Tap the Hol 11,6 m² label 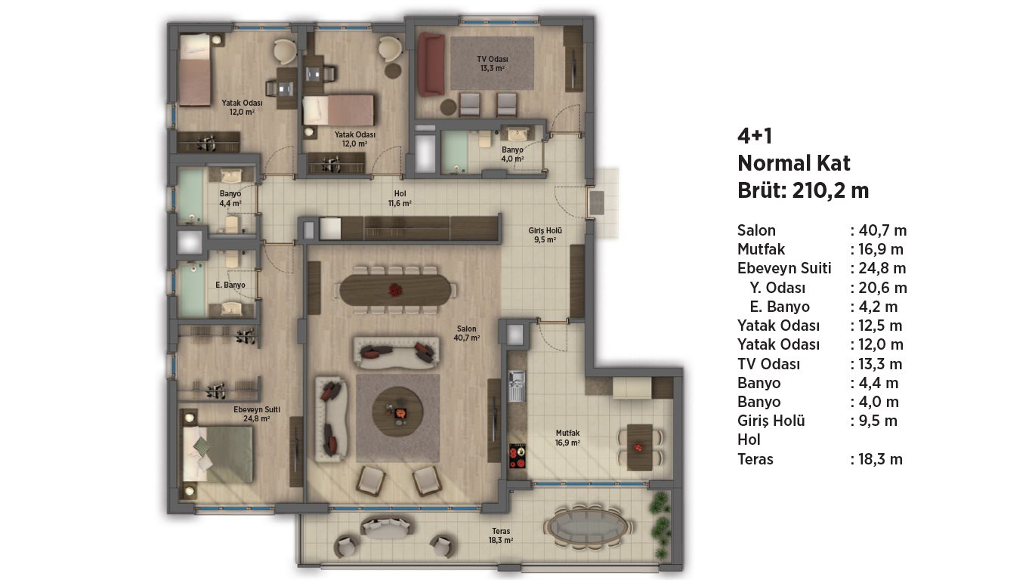(400, 199)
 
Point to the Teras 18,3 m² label (501, 535)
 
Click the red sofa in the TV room (431, 64)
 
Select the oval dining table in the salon (395, 290)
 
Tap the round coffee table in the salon (397, 412)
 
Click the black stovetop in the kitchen (518, 456)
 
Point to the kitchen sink (517, 386)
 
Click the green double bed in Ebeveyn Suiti (218, 454)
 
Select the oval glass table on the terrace (587, 527)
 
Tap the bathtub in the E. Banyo (192, 289)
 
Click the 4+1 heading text (755, 136)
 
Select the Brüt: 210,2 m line (803, 190)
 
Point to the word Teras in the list (755, 459)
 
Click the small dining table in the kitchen (639, 447)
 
